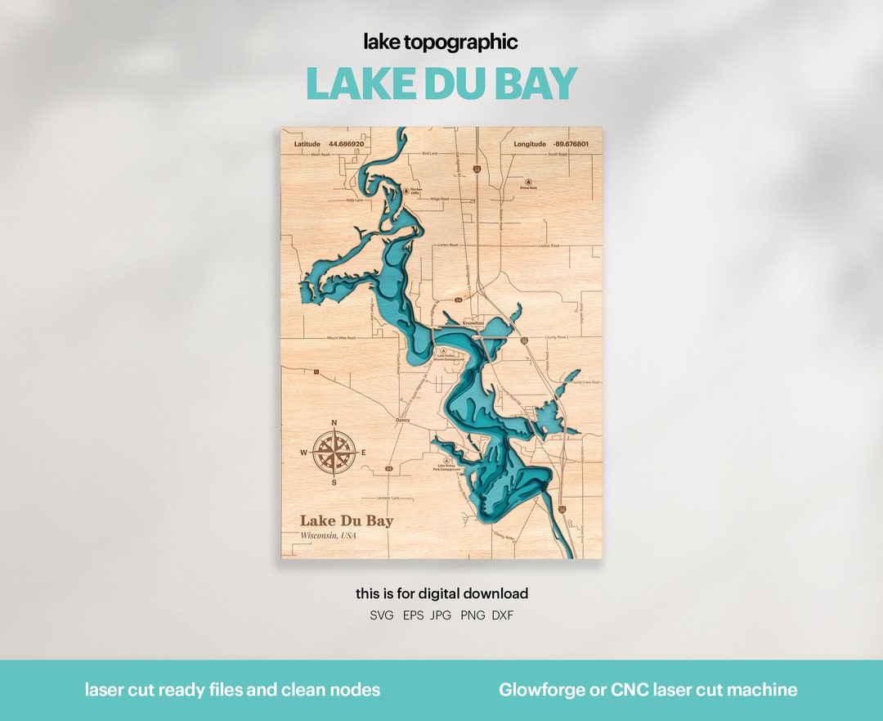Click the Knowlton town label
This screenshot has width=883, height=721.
point(473,323)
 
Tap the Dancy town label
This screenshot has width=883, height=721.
point(402,421)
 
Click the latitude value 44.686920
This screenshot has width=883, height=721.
point(346,144)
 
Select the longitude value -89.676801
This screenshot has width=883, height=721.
point(570,144)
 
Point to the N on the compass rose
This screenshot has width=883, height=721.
point(334,423)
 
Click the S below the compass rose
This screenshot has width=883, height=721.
point(334,483)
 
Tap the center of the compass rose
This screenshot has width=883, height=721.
point(334,453)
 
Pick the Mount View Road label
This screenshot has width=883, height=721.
point(341,337)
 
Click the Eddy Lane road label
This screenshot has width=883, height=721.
point(354,200)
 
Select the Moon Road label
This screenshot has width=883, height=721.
point(320,155)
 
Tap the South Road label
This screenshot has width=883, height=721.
point(558,154)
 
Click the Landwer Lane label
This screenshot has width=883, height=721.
point(388,498)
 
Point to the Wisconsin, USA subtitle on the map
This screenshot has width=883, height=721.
point(329,535)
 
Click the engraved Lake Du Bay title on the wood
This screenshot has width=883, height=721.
point(347,520)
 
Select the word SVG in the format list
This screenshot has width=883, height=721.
point(382,615)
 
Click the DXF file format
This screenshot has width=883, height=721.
point(503,615)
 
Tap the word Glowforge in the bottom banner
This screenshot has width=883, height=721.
point(537,690)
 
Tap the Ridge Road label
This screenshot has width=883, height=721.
point(440,199)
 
